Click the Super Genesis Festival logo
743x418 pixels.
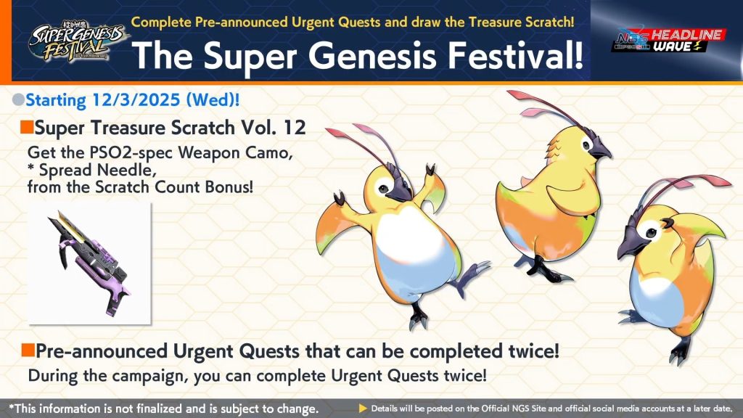pos(77,41)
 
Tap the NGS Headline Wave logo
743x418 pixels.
pos(668,40)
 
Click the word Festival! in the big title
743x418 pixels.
pos(516,55)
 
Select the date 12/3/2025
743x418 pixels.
pos(136,100)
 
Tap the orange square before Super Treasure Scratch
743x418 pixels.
pos(27,127)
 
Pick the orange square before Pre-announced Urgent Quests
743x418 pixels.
pos(28,351)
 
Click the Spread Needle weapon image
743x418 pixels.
pos(89,263)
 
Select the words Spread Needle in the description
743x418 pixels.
pos(98,170)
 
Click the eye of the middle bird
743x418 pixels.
pos(586,145)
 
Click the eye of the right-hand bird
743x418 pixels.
pos(651,233)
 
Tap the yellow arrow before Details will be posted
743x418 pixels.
pos(363,409)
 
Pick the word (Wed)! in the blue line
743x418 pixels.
pos(213,100)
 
